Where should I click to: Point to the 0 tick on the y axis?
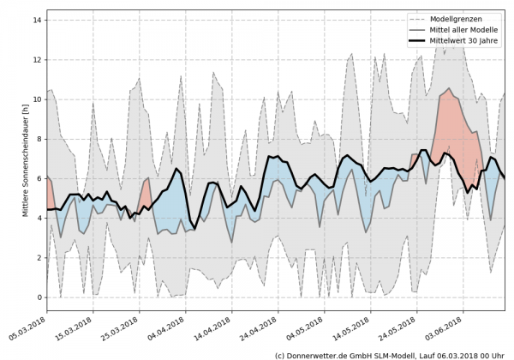click(x=39, y=297)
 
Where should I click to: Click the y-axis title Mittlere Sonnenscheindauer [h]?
click(x=25, y=158)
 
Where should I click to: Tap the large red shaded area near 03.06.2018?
click(x=454, y=129)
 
